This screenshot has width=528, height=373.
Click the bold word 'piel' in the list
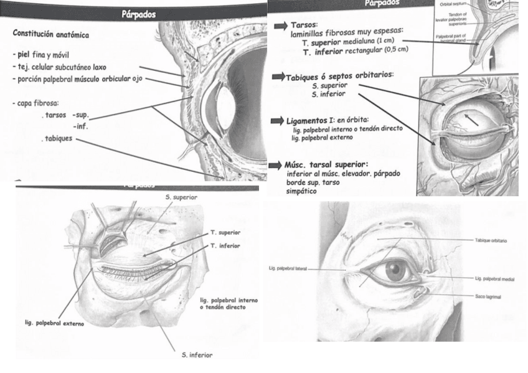[28, 54]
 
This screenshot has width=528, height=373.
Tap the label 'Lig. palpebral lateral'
[290, 269]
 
